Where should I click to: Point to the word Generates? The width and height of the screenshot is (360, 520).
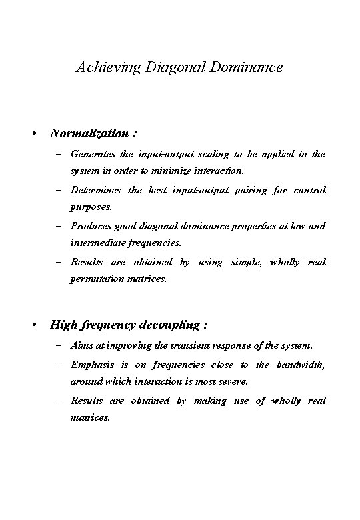pos(92,154)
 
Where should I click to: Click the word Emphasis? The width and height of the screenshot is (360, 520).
pos(92,365)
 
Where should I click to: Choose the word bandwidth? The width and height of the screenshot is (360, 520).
pos(301,365)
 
